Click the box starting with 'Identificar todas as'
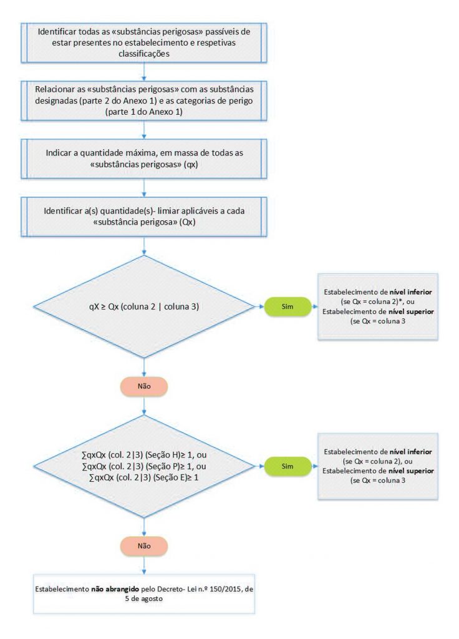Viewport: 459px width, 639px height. (x=144, y=42)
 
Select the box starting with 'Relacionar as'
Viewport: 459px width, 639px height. (x=144, y=99)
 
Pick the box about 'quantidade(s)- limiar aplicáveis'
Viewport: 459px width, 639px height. (x=144, y=217)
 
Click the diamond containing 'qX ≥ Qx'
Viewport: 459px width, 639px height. (x=144, y=306)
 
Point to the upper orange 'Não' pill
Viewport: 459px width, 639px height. (x=144, y=386)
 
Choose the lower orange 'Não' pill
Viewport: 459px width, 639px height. (x=144, y=545)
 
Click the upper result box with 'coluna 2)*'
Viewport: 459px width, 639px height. (x=377, y=306)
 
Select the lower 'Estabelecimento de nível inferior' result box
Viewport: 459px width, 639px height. (x=377, y=466)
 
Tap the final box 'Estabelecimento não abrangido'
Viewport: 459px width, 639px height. (x=144, y=592)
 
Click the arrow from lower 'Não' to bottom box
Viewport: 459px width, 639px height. (x=144, y=564)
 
